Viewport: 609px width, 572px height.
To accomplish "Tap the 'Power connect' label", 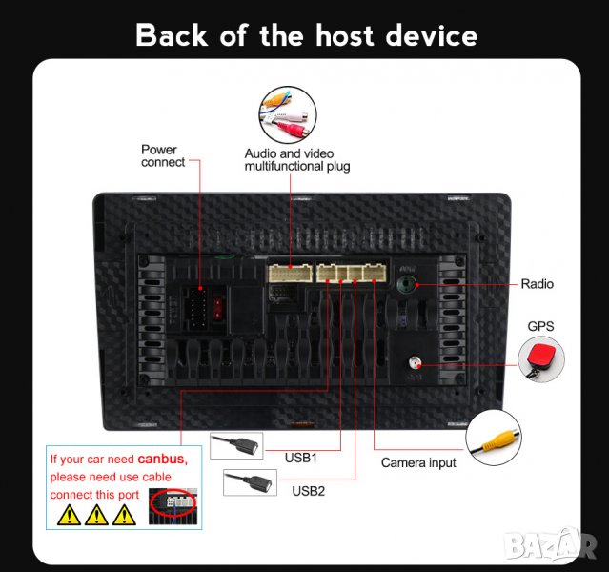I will (163, 155).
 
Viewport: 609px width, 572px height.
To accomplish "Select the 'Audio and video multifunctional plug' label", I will (296, 159).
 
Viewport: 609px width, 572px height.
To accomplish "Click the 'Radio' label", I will (537, 284).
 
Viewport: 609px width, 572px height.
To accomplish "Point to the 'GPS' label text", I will (540, 326).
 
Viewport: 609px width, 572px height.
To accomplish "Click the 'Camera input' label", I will (418, 462).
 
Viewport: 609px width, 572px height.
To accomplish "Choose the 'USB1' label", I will (301, 457).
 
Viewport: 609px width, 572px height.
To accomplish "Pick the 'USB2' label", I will (309, 491).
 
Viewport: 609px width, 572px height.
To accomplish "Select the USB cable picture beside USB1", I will (236, 445).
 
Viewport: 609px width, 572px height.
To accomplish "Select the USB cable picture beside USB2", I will (250, 482).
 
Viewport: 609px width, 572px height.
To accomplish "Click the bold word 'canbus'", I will (162, 460).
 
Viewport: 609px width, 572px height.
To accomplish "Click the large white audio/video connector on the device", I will (290, 274).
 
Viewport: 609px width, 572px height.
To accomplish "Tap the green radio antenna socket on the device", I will (407, 283).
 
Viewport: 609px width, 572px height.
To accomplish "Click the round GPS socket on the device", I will (416, 363).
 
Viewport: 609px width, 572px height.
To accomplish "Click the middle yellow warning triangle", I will (95, 516).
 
